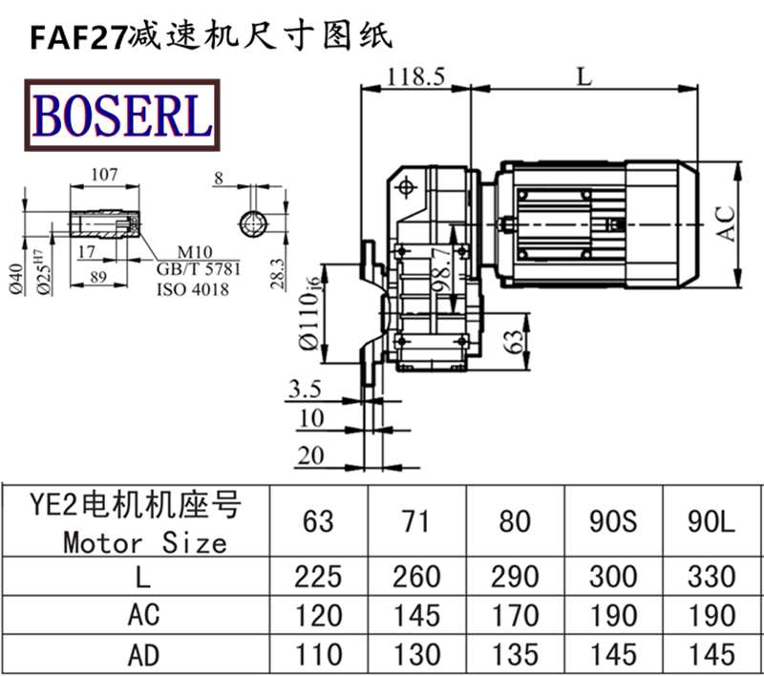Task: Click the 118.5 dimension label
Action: [417, 77]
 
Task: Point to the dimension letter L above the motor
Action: [584, 76]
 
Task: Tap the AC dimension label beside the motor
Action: [727, 223]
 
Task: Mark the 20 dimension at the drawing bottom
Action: [310, 456]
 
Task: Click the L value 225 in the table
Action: [319, 576]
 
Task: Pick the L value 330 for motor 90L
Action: [711, 576]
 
